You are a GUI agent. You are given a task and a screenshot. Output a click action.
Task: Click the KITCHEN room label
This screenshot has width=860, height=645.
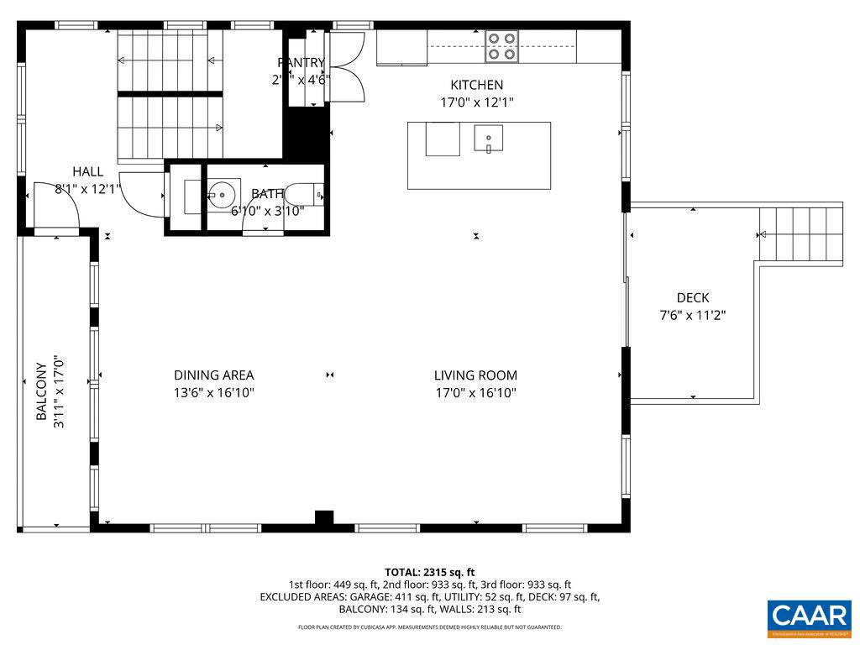(476, 85)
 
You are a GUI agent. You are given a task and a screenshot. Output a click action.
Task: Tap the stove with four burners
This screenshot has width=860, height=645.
(501, 46)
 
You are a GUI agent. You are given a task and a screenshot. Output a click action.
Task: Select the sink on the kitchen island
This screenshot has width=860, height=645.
(488, 138)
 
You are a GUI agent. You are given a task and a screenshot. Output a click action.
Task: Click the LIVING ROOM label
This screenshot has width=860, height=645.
(475, 375)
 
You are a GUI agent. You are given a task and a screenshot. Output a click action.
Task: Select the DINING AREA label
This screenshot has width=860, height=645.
(213, 375)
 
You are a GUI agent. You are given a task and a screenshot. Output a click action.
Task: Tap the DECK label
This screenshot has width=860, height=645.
(693, 297)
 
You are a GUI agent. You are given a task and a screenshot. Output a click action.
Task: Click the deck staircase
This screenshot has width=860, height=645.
(800, 234)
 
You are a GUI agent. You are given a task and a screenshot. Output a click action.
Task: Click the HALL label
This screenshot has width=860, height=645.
(87, 171)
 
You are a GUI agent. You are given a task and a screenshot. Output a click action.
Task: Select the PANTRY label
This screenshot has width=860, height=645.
(301, 62)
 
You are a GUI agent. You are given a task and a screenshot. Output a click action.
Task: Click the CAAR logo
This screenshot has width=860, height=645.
(810, 616)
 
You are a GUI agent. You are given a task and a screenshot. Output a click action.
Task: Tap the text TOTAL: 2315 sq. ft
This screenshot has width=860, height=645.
(430, 571)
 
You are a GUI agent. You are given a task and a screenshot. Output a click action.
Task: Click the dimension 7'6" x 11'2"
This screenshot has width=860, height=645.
(693, 316)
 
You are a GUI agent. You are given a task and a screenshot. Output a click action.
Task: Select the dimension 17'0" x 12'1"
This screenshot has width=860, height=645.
(476, 102)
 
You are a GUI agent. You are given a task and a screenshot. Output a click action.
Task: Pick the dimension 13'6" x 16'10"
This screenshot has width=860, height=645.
(213, 393)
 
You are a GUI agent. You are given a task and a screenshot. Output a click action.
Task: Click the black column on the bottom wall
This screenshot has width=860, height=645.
(324, 518)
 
